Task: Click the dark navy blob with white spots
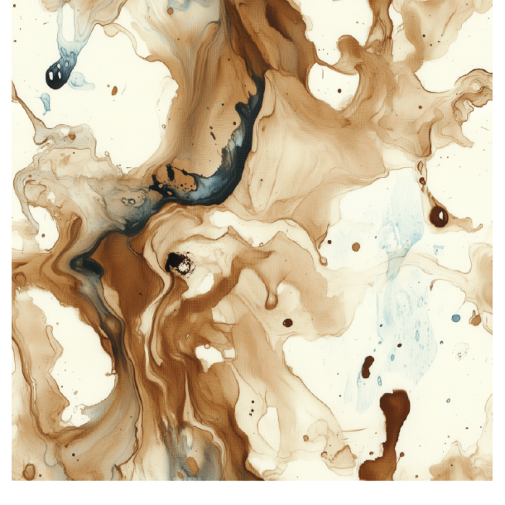tap(55, 75)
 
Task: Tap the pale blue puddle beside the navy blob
tap(80, 79)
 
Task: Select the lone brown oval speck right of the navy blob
tap(114, 90)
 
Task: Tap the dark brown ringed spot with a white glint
tap(438, 216)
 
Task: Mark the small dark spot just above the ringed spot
tap(421, 180)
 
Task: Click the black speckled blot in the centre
tap(179, 263)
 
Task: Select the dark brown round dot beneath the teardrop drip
tap(287, 323)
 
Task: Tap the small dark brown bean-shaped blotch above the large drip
tap(367, 365)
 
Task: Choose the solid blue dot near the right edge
tap(455, 318)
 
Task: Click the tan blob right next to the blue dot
tap(474, 318)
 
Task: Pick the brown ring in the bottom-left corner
tap(29, 471)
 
